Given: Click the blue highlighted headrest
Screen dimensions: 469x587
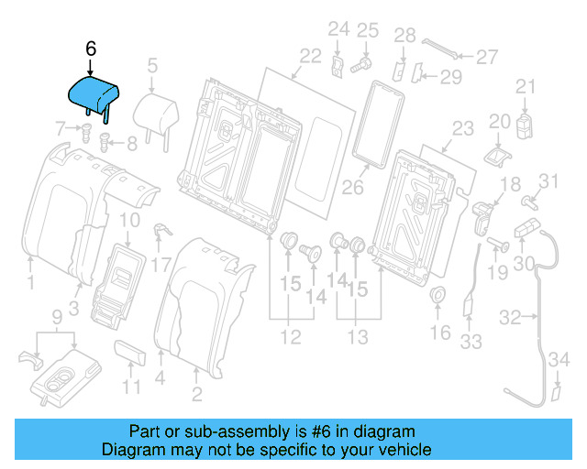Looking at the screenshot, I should coord(96,93).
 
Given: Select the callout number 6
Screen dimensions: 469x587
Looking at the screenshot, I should coord(90,48).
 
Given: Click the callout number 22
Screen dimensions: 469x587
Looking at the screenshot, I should coord(310,56).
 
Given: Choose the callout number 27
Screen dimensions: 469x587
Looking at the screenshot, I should coord(486,57).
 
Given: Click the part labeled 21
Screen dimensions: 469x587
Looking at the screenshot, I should coord(525,125).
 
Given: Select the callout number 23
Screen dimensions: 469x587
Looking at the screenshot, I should coord(462,128).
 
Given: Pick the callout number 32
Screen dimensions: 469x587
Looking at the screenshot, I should coord(510,317).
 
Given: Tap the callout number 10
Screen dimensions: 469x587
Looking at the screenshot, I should coord(130,220).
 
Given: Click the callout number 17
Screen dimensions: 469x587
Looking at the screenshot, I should coord(161,266).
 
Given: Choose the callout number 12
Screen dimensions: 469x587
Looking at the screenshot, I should coord(290,338).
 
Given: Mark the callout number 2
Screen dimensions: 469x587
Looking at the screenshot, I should coord(196,395).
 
